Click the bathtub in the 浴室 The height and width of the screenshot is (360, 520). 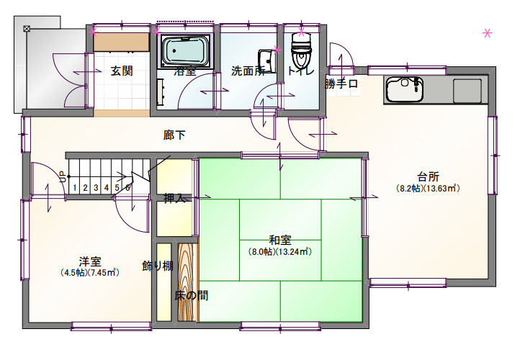(x=186, y=50)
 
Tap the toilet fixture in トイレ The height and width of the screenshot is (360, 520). (x=301, y=50)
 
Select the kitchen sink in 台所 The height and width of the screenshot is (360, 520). (x=404, y=89)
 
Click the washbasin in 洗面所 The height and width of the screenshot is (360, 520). (x=267, y=61)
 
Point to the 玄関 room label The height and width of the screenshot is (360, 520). (x=122, y=71)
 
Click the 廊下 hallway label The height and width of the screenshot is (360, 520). (x=174, y=135)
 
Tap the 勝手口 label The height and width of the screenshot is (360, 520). (x=341, y=84)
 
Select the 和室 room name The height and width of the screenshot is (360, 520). (x=280, y=240)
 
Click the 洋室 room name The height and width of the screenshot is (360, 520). (x=90, y=261)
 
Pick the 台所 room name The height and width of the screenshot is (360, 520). (x=428, y=176)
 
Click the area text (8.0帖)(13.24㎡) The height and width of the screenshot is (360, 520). (x=280, y=251)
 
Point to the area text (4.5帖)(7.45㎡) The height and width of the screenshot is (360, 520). (x=90, y=273)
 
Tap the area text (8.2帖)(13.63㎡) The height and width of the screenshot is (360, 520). (x=428, y=189)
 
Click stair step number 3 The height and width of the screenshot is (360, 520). (x=96, y=188)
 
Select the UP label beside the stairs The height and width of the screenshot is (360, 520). (x=63, y=176)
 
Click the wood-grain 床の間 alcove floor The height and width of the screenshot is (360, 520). (x=188, y=282)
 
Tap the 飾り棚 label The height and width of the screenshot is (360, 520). (x=158, y=266)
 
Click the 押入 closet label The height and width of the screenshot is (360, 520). (x=174, y=198)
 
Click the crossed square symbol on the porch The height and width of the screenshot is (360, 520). (x=27, y=29)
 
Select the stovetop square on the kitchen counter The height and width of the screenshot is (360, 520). (x=467, y=91)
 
